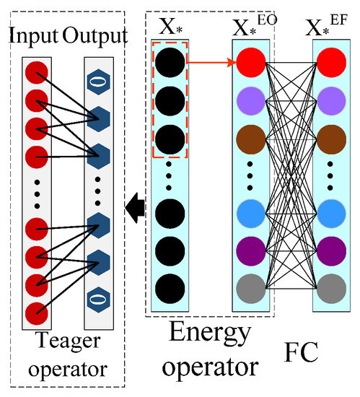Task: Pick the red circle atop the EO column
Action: point(249,64)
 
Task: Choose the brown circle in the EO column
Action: point(249,136)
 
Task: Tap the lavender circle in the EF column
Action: point(330,100)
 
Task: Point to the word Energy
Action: point(214,335)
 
